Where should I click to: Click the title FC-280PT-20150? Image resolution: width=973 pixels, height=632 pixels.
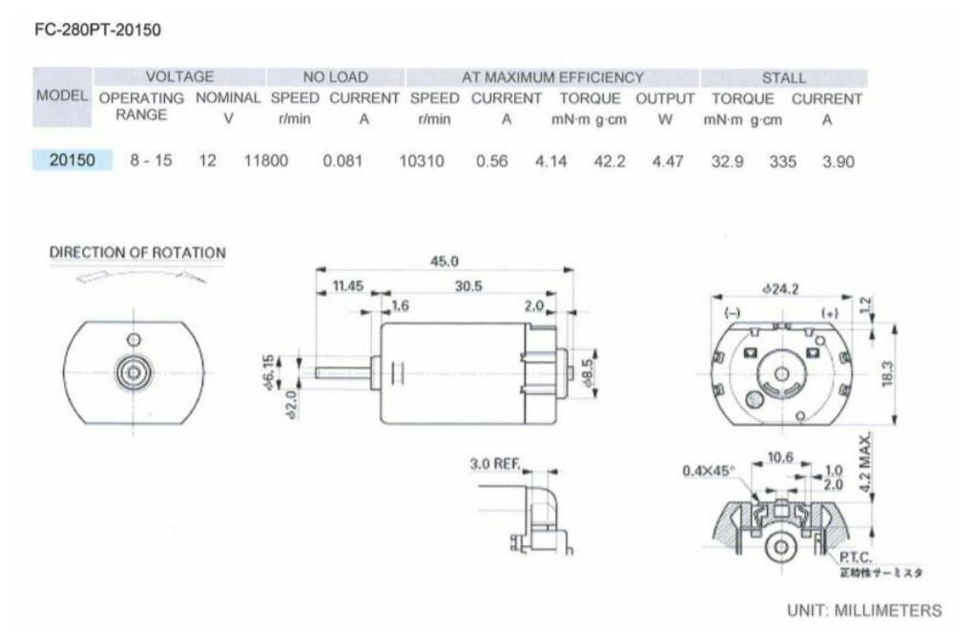97,30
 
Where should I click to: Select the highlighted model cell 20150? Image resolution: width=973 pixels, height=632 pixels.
72,160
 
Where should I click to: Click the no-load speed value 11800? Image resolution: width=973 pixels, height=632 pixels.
266,161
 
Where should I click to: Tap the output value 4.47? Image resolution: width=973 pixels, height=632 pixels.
668,161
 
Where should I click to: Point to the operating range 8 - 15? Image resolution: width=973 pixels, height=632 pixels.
151,161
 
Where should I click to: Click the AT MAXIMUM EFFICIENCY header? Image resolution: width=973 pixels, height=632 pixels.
552,77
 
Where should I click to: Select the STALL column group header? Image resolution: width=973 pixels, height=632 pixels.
783,77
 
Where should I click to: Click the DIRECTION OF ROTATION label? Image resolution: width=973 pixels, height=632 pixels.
137,253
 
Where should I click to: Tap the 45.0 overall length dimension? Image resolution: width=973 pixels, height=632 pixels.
445,262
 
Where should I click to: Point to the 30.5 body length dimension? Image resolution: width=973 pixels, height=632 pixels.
468,286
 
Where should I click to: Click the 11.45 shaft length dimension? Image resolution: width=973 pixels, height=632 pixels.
348,286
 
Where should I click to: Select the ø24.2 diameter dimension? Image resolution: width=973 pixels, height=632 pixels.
780,288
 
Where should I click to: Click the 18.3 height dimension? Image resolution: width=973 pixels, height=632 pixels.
889,374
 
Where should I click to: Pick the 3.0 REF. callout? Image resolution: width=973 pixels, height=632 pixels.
494,465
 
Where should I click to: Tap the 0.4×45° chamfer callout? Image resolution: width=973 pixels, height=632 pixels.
709,471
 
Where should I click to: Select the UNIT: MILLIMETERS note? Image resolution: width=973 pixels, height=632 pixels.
863,610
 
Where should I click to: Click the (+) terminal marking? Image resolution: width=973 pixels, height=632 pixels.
830,313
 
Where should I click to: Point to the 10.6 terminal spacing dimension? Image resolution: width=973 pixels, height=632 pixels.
780,458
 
